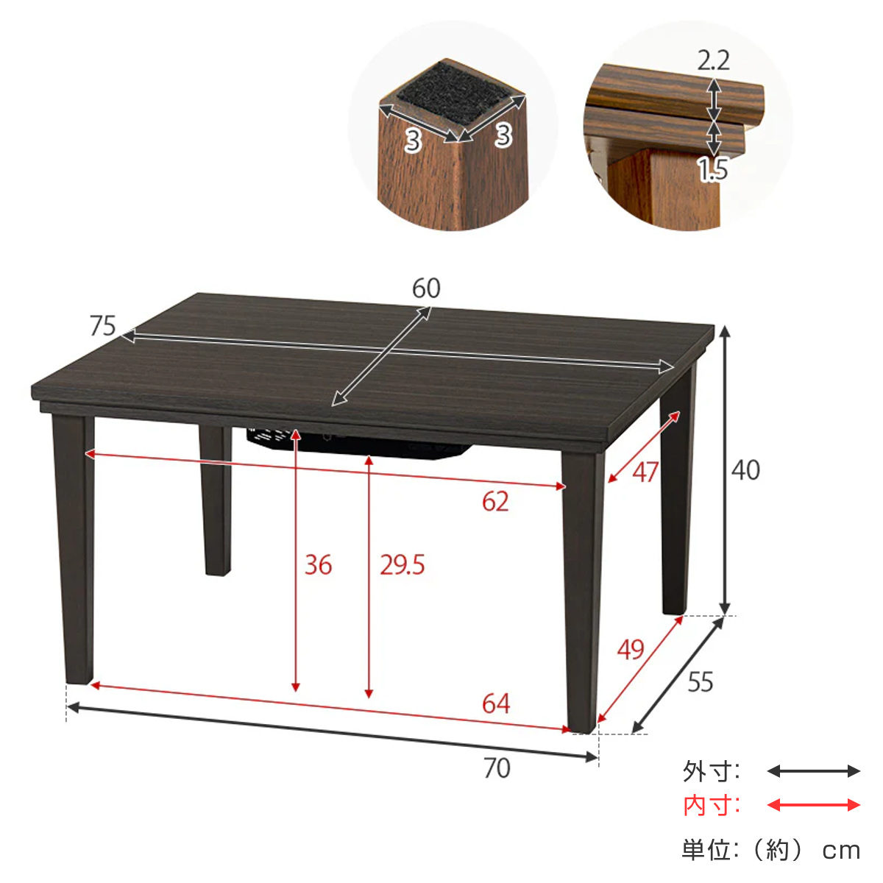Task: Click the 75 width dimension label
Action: click(x=102, y=326)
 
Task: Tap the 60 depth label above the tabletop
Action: click(x=426, y=288)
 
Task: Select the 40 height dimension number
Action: click(x=745, y=471)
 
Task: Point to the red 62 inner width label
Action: click(x=495, y=502)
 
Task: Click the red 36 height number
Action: click(x=318, y=565)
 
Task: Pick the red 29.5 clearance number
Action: click(x=402, y=565)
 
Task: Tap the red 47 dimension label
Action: click(x=645, y=472)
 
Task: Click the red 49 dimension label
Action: click(x=631, y=649)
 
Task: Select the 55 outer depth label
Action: click(x=701, y=682)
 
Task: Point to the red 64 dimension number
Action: click(x=496, y=704)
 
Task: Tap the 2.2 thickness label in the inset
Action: click(x=714, y=60)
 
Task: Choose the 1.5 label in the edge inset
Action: click(x=713, y=169)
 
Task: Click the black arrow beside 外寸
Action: click(x=813, y=771)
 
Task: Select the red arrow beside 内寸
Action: click(x=813, y=805)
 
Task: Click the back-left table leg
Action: click(x=216, y=500)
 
